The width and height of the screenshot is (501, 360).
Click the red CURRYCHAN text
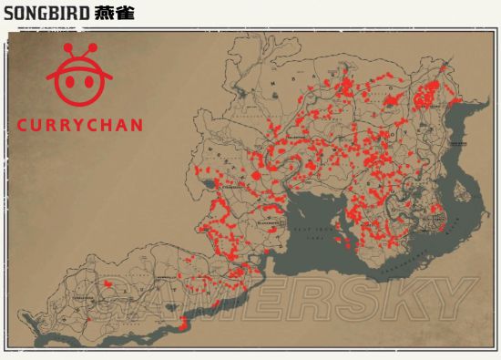(80, 125)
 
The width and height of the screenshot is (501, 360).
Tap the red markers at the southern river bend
(184, 322)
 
